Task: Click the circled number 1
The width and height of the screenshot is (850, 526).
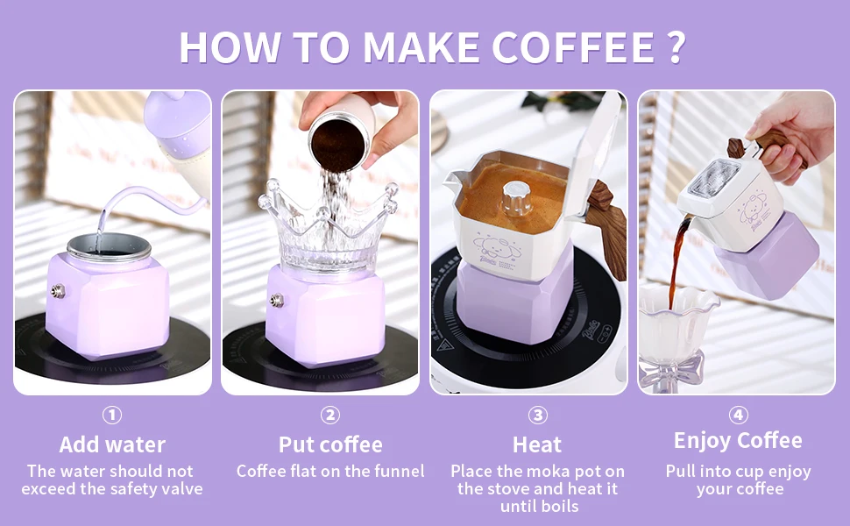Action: click(112, 416)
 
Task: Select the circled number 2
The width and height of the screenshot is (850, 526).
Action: click(330, 416)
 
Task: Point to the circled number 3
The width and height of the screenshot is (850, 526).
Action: click(538, 416)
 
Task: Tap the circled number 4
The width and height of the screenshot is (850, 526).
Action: click(738, 416)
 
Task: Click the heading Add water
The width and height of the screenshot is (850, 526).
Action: click(112, 444)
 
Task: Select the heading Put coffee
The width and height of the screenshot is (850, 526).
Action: click(330, 444)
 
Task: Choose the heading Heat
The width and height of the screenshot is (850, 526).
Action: click(537, 444)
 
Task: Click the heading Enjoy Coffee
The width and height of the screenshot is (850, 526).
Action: click(738, 441)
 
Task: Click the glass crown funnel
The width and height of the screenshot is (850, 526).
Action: click(328, 228)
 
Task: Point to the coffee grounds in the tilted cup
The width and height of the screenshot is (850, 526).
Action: click(340, 145)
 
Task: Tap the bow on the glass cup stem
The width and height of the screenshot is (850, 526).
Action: click(673, 368)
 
